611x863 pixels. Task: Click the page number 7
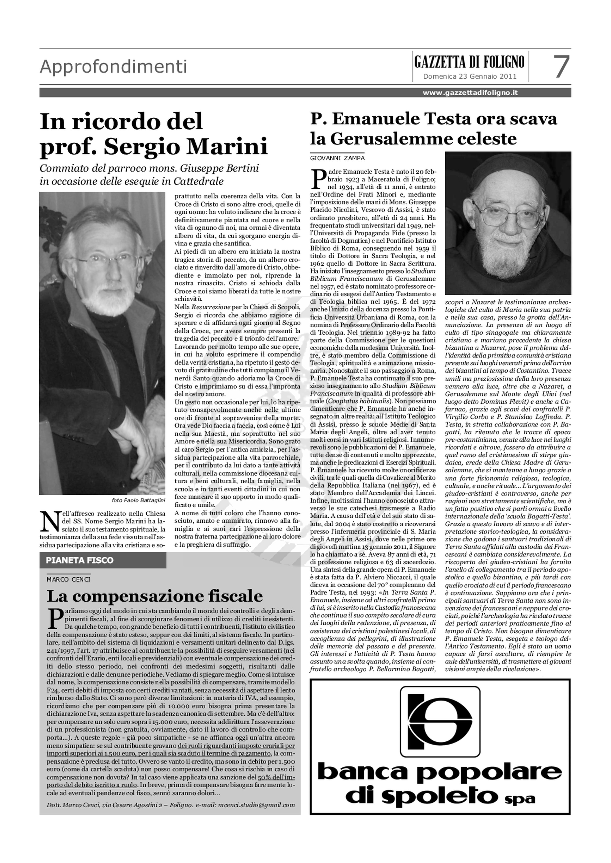[562, 67]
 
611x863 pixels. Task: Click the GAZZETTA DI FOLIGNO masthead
[469, 62]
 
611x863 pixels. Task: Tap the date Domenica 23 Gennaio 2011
[469, 77]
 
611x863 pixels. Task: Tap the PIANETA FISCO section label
[79, 560]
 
